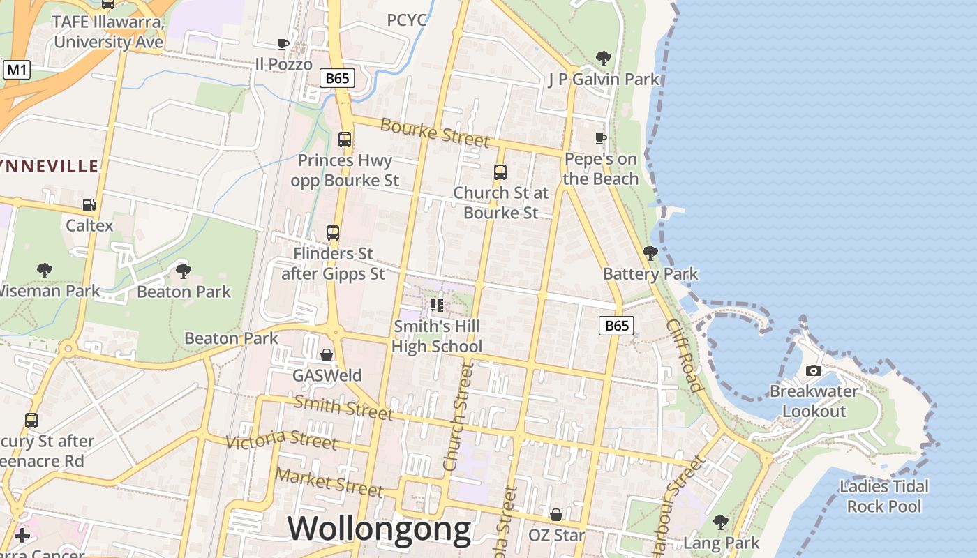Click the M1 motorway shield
tap(17, 70)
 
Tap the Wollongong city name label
tap(379, 529)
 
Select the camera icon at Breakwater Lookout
tap(813, 370)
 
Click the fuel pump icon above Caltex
tap(89, 205)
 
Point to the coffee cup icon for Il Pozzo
tap(283, 44)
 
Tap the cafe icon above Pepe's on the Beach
tap(600, 138)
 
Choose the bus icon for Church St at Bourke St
tap(500, 172)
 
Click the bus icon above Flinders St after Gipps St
tap(333, 233)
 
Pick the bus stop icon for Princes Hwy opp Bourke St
tap(344, 139)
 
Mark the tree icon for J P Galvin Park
tap(603, 58)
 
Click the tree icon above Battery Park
tap(650, 252)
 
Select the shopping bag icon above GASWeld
tap(326, 355)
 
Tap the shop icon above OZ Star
tap(556, 515)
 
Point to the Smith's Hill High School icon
tap(437, 306)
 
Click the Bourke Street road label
tap(435, 133)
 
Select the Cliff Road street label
tap(683, 355)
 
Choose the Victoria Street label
tap(281, 440)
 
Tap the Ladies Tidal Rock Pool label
tap(884, 496)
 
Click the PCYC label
tap(407, 20)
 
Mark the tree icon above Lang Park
tap(721, 521)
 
